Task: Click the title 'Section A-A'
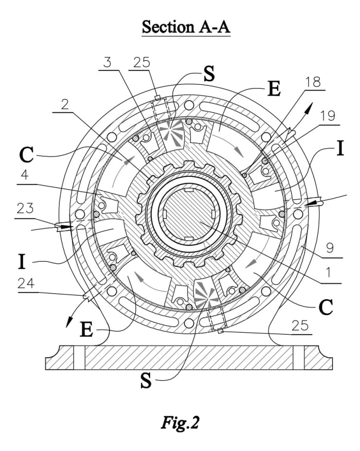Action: coord(186,26)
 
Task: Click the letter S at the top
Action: coord(208,75)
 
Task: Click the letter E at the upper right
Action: coord(274,88)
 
